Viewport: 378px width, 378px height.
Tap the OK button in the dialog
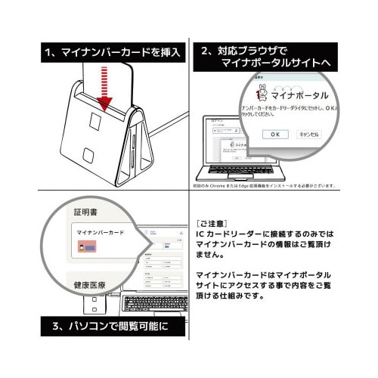click(x=275, y=134)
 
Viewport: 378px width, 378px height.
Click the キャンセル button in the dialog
click(x=310, y=134)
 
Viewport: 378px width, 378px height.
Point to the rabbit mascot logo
click(x=262, y=94)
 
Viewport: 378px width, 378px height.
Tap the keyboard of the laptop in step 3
click(x=155, y=302)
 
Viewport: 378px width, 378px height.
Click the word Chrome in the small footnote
click(x=235, y=186)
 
